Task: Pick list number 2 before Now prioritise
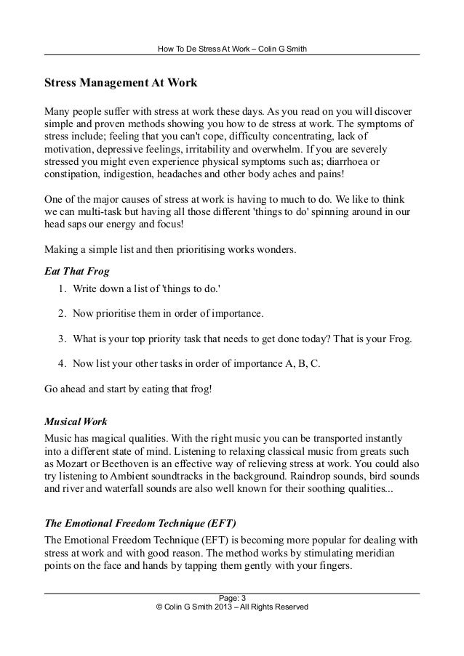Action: coord(60,316)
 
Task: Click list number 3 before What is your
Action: coord(60,339)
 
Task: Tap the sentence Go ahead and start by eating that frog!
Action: coord(129,389)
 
